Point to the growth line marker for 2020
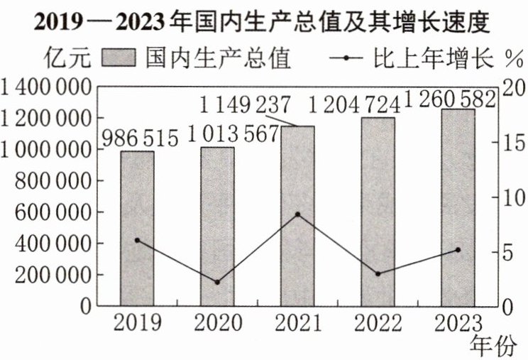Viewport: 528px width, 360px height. (217, 282)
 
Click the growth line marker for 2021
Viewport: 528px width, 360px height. (297, 214)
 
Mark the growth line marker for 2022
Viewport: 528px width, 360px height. (378, 273)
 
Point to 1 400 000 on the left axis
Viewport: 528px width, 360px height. (47, 88)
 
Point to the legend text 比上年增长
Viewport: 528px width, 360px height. (433, 57)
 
